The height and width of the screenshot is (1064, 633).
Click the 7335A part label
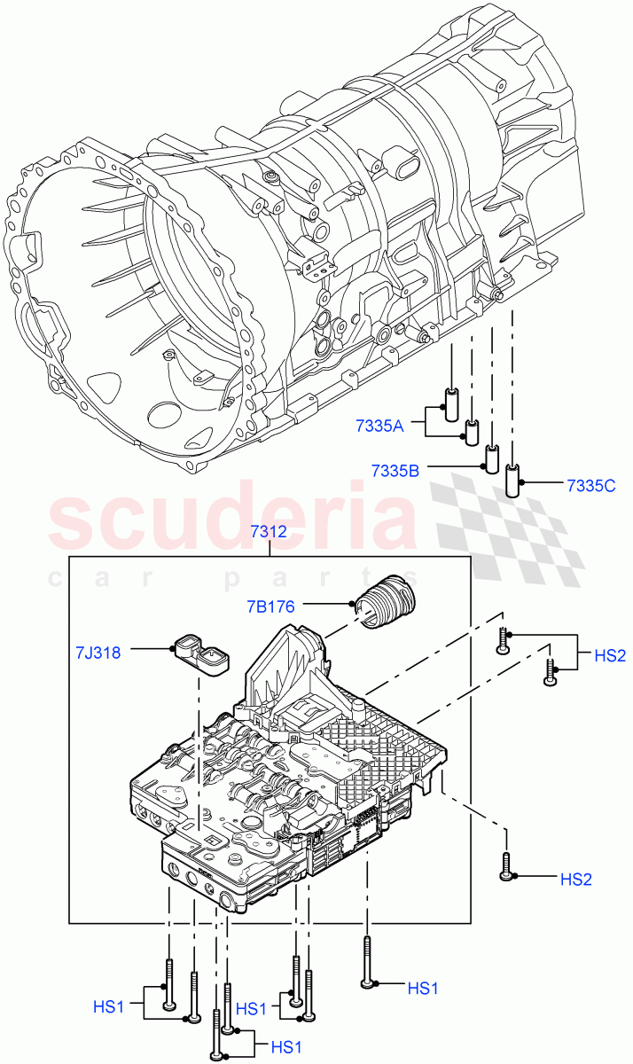379,426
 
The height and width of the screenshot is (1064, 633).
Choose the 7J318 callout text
97,652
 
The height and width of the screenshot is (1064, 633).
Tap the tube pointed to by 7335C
512,480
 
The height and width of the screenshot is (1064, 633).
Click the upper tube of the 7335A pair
450,403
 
